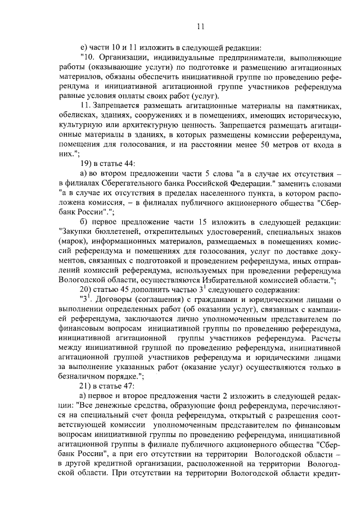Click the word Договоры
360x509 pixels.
[121, 300]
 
